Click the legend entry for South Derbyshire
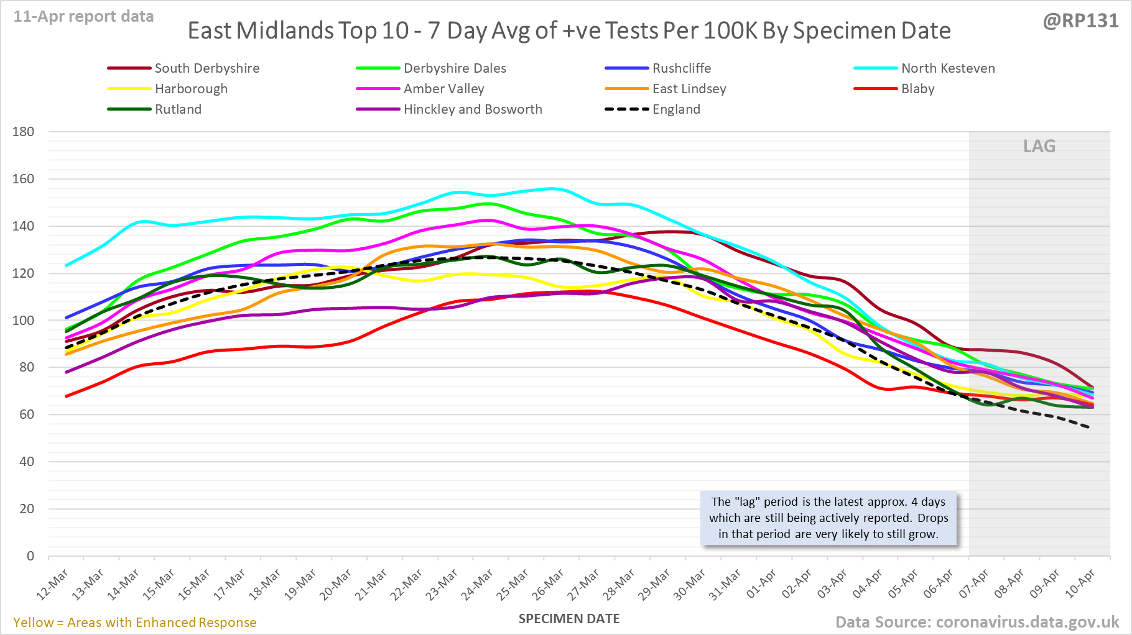(x=206, y=68)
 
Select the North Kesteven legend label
(x=948, y=68)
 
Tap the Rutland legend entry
(x=178, y=109)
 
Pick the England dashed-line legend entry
(x=676, y=109)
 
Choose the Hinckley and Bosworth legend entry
(x=473, y=109)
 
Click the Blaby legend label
(x=917, y=89)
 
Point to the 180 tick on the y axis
(x=23, y=132)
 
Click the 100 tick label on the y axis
(x=23, y=321)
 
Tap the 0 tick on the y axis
(x=30, y=556)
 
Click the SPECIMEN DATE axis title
(x=569, y=619)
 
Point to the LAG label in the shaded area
(x=1039, y=147)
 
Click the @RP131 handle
(x=1080, y=21)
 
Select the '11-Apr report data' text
(x=84, y=17)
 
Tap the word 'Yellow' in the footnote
(x=33, y=623)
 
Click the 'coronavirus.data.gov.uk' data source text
(x=1028, y=623)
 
